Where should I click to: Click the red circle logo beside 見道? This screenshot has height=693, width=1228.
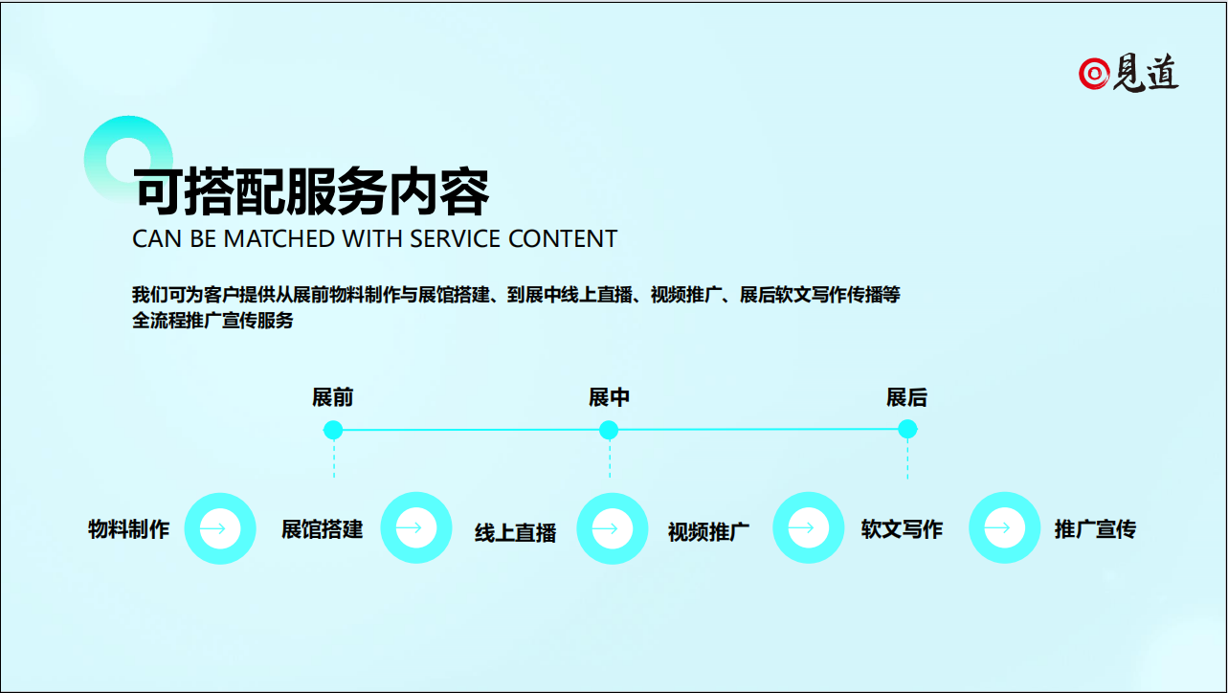pyautogui.click(x=1094, y=73)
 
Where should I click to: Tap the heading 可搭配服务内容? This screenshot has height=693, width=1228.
pyautogui.click(x=311, y=191)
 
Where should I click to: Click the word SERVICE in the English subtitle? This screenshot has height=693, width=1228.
pyautogui.click(x=455, y=239)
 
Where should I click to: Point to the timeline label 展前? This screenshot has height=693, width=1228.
pyautogui.click(x=333, y=397)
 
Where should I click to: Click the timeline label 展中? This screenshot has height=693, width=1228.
pyautogui.click(x=609, y=397)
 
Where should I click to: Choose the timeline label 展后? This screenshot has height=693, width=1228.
pyautogui.click(x=906, y=397)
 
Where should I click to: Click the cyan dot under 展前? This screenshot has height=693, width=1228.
pyautogui.click(x=333, y=430)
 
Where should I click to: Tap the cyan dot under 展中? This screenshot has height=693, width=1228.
pyautogui.click(x=609, y=430)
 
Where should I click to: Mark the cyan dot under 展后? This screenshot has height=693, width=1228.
pyautogui.click(x=908, y=429)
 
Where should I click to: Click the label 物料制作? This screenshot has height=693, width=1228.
pyautogui.click(x=129, y=529)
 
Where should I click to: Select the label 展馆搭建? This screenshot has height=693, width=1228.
pyautogui.click(x=323, y=529)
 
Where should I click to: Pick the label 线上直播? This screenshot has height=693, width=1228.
pyautogui.click(x=515, y=532)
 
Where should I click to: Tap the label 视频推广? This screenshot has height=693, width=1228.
pyautogui.click(x=708, y=532)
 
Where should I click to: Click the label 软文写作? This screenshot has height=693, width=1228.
pyautogui.click(x=902, y=529)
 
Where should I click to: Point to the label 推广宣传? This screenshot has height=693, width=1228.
pyautogui.click(x=1095, y=529)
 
